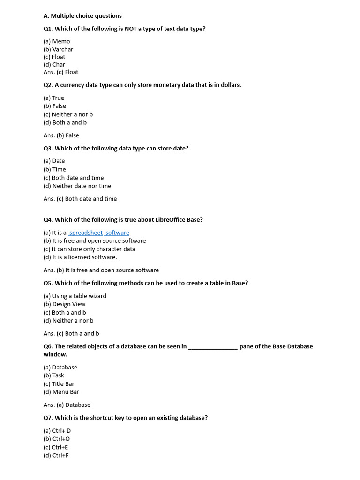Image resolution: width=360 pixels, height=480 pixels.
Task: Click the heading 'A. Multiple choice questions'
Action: pyautogui.click(x=82, y=16)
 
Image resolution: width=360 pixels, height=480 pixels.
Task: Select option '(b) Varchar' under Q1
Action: pyautogui.click(x=58, y=49)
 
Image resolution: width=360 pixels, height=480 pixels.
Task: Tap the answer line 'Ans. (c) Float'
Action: pyautogui.click(x=61, y=72)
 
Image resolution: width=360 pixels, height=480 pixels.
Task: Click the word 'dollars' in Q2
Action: pyautogui.click(x=230, y=85)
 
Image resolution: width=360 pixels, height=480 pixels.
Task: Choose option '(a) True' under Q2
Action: pyautogui.click(x=54, y=98)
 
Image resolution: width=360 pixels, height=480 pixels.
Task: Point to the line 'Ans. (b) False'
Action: pyautogui.click(x=61, y=135)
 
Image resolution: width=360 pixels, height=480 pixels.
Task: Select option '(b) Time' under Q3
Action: pyautogui.click(x=55, y=170)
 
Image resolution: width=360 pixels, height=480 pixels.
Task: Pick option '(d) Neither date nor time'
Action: pyautogui.click(x=77, y=186)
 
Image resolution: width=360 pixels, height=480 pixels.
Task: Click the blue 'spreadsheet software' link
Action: pyautogui.click(x=99, y=233)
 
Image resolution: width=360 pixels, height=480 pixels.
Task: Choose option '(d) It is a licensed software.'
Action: pyautogui.click(x=80, y=257)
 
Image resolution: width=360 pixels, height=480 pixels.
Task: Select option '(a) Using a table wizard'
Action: pyautogui.click(x=75, y=296)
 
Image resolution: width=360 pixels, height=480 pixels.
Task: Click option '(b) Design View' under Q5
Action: pyautogui.click(x=65, y=304)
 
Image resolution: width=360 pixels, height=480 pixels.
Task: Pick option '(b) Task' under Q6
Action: pyautogui.click(x=54, y=375)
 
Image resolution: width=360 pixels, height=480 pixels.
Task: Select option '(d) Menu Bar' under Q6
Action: pyautogui.click(x=61, y=392)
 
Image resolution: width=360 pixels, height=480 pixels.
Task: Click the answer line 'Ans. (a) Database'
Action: pyautogui.click(x=67, y=405)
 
